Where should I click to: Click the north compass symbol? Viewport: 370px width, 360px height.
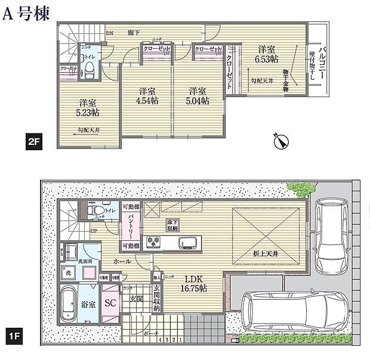click(x=279, y=141)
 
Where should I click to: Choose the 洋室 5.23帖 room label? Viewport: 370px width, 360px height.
click(x=87, y=107)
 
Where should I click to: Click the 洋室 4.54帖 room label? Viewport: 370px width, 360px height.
click(x=147, y=96)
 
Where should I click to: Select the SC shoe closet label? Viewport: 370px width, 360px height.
click(x=110, y=302)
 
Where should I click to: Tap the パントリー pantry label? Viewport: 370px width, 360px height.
click(x=128, y=226)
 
